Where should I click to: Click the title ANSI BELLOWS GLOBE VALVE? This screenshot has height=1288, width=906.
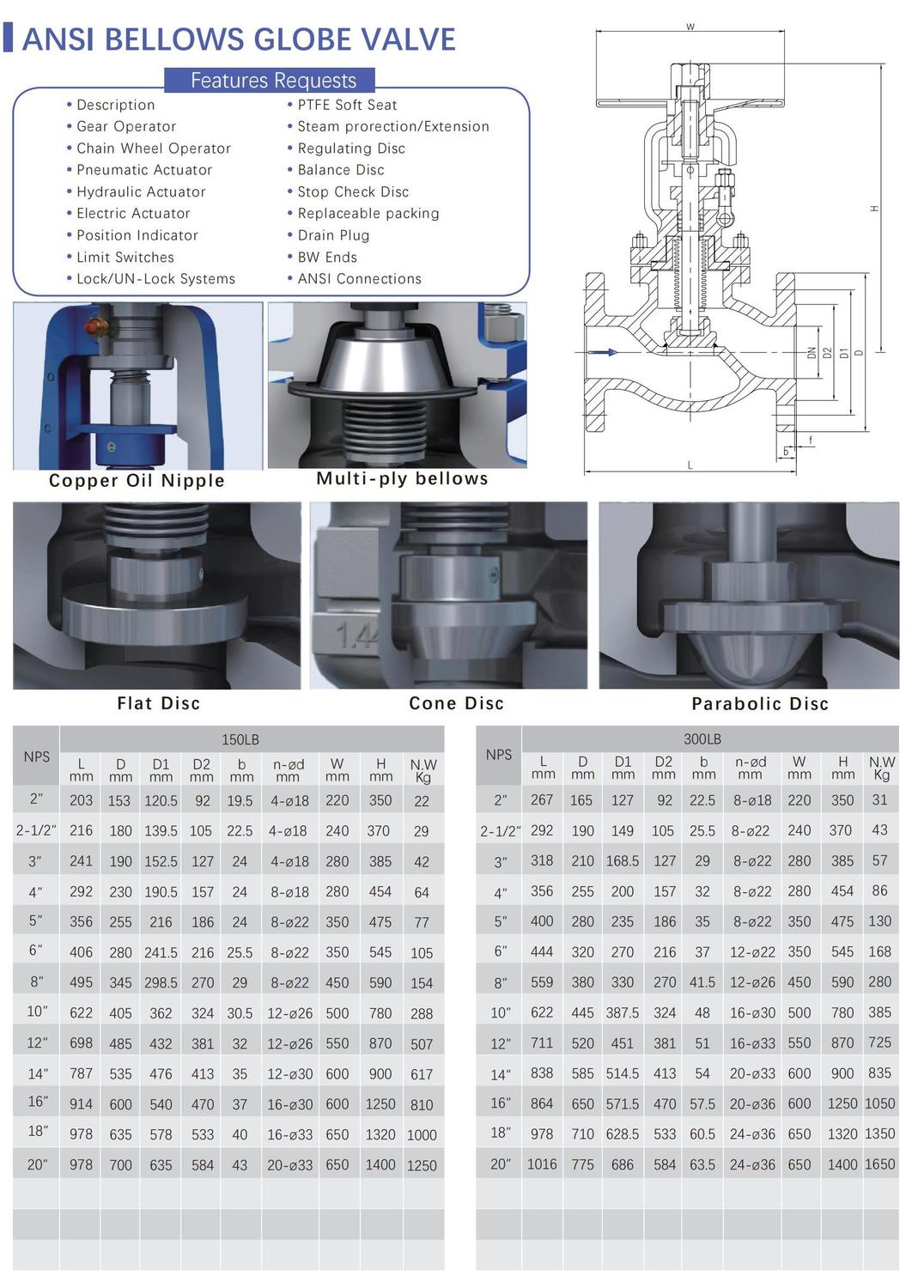click(x=238, y=39)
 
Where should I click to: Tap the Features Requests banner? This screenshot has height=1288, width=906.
click(x=273, y=80)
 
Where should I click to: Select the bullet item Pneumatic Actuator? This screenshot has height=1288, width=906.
click(x=144, y=170)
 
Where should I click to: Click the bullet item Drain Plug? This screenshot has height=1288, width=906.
click(x=333, y=235)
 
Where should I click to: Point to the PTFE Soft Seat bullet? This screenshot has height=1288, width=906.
click(x=347, y=105)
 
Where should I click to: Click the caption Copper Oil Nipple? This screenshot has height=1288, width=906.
click(x=137, y=481)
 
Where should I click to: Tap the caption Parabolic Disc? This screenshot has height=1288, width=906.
click(x=760, y=704)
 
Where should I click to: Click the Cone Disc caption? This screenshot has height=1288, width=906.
click(x=456, y=703)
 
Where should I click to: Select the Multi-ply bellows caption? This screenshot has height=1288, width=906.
click(x=402, y=479)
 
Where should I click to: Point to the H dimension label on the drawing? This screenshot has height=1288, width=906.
click(x=874, y=209)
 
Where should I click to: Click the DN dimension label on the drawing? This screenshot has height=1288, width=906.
click(x=812, y=352)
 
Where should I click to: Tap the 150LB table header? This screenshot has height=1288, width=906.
click(x=240, y=739)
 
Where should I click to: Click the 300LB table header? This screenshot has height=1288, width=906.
click(x=702, y=738)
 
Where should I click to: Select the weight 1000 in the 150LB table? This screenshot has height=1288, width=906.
click(x=422, y=1135)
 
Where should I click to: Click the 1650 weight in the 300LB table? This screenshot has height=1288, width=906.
click(x=879, y=1164)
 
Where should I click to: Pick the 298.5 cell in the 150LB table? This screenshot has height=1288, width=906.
click(x=161, y=983)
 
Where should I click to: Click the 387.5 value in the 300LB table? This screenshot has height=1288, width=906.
click(x=623, y=1012)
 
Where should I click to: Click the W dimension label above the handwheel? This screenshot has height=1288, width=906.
click(x=690, y=27)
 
